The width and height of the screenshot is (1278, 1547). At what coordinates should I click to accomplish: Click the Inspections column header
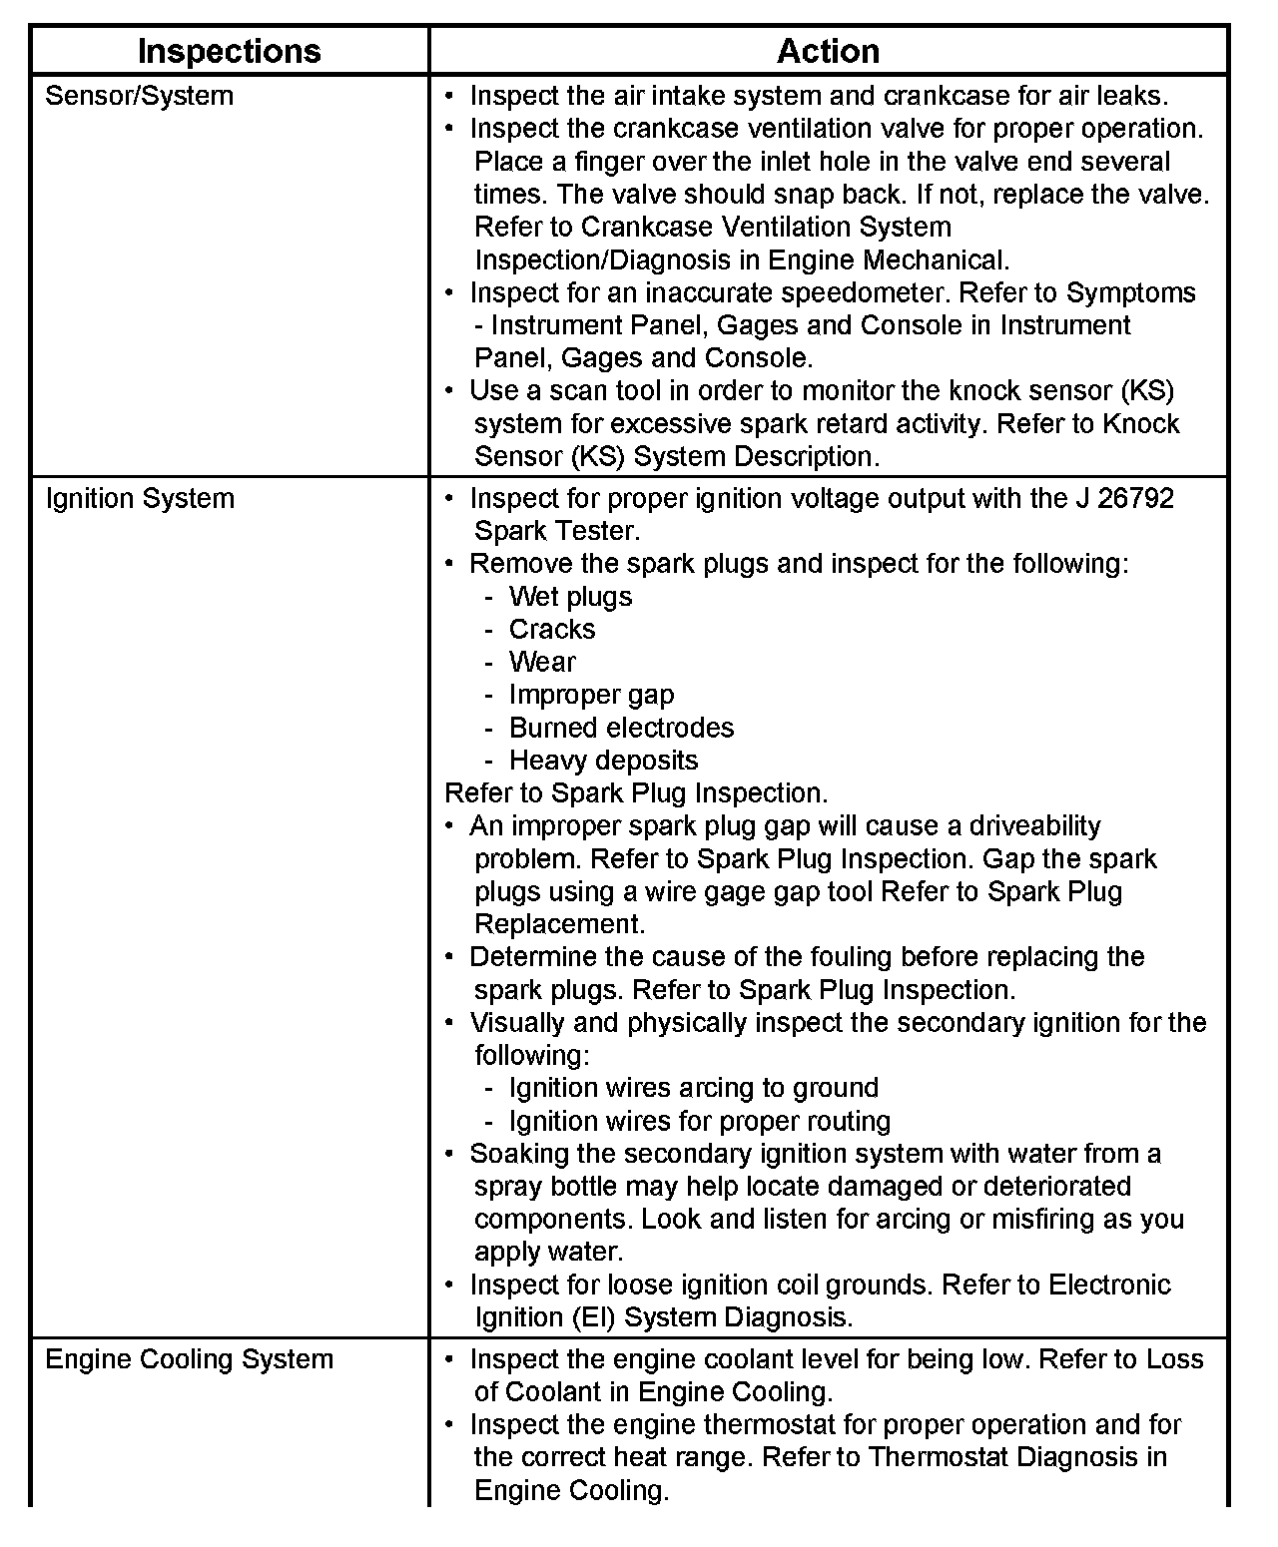(x=229, y=51)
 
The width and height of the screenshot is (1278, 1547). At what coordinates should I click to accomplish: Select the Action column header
(x=828, y=51)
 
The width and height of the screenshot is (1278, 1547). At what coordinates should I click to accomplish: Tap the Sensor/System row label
(x=140, y=96)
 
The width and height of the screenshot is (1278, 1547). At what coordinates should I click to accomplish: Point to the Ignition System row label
(x=140, y=498)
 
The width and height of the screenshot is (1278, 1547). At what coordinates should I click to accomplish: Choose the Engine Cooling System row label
(x=190, y=1359)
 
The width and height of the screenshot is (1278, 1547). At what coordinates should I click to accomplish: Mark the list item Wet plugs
(x=570, y=597)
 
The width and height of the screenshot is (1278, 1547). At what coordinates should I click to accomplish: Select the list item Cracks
(x=552, y=630)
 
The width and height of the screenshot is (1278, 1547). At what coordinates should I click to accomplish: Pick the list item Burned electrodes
(x=621, y=728)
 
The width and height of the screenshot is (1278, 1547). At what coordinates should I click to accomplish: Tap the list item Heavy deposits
(x=603, y=761)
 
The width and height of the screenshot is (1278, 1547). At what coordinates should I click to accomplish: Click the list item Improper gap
(x=591, y=695)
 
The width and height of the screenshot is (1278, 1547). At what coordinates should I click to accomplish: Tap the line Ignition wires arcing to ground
(x=694, y=1088)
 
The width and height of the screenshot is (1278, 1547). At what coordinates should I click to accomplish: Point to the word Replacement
(x=559, y=924)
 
